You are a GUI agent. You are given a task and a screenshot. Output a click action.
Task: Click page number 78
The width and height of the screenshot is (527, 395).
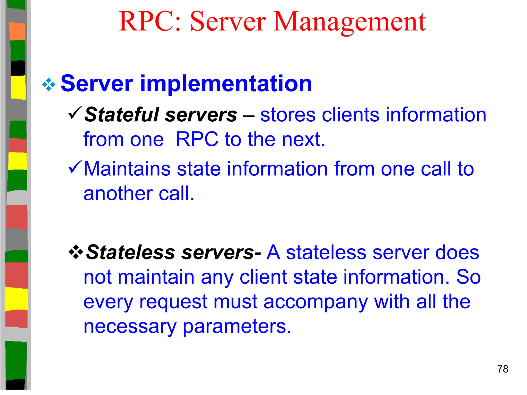(503, 369)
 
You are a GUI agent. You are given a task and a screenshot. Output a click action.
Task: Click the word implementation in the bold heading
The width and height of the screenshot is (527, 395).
(226, 84)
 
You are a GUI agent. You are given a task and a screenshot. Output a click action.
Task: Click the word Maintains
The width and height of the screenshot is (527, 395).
(127, 169)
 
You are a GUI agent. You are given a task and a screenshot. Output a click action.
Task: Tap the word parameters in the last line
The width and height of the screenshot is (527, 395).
(237, 327)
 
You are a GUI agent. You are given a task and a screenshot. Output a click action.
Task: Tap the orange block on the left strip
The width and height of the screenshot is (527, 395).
(17, 31)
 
